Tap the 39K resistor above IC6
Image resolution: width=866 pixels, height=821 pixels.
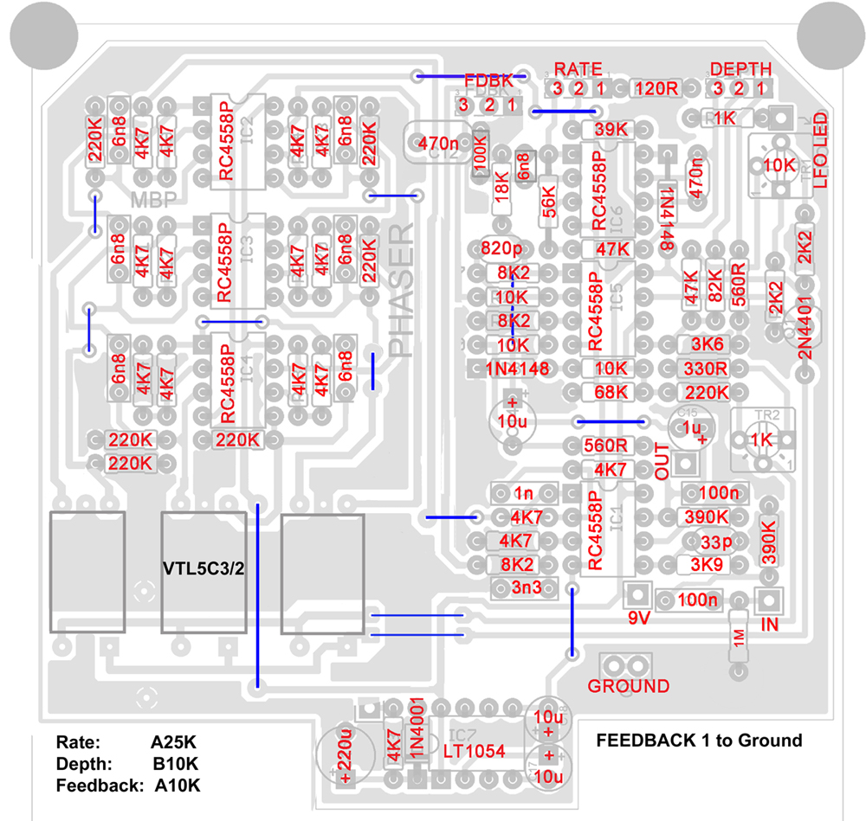point(611,129)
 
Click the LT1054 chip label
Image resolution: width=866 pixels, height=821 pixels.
point(474,750)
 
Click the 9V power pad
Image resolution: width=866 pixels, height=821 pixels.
point(637,595)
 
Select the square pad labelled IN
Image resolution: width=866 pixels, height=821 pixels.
point(770,600)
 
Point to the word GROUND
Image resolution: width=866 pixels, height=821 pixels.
point(629,686)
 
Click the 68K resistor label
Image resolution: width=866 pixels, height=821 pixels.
point(611,392)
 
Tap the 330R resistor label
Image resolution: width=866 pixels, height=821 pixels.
point(705,369)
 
